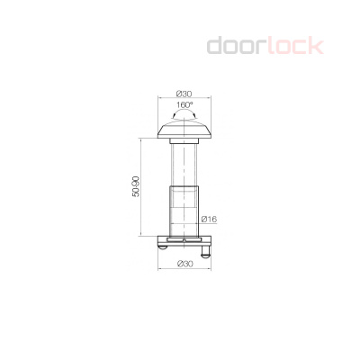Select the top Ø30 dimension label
point(184,94)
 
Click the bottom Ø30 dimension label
point(185,263)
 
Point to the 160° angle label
point(184,105)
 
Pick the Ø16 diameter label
point(212,219)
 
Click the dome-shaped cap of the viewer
point(184,129)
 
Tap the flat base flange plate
point(184,242)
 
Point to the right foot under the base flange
point(207,250)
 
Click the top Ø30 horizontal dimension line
point(184,100)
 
